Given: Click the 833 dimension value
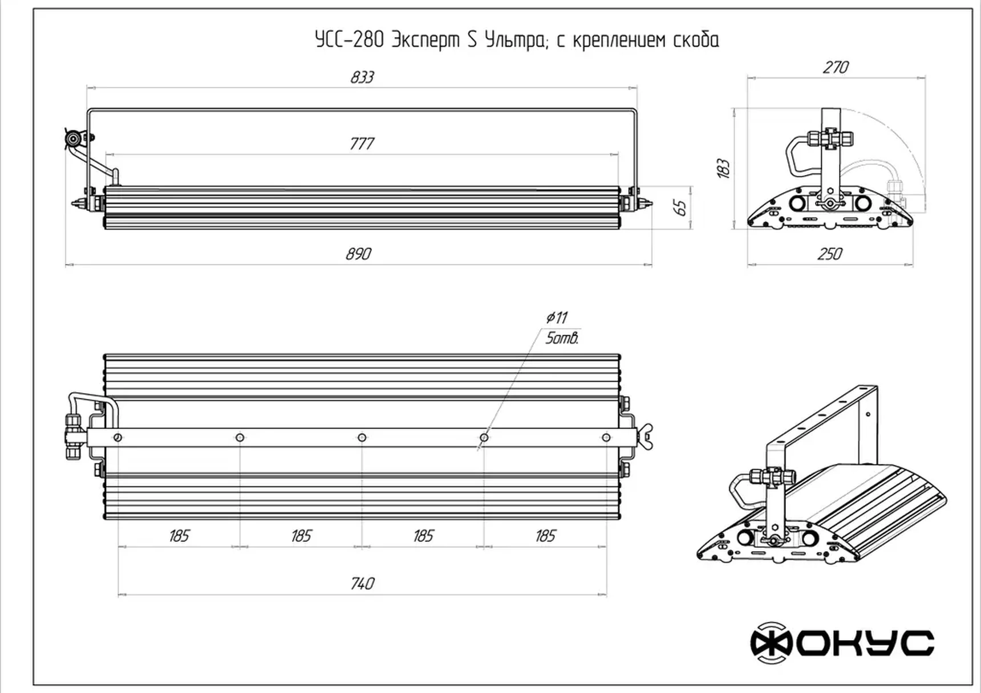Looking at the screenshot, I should pyautogui.click(x=362, y=78).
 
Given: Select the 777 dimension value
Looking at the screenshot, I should pyautogui.click(x=362, y=144).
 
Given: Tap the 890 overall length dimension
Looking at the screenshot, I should pyautogui.click(x=359, y=254).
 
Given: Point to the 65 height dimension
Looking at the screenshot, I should pyautogui.click(x=680, y=207).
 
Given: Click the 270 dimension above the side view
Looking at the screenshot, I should pyautogui.click(x=836, y=68).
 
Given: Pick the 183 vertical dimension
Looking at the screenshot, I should pyautogui.click(x=723, y=169).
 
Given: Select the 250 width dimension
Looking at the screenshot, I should pyautogui.click(x=830, y=254).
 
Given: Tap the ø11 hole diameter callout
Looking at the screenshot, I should pyautogui.click(x=557, y=317).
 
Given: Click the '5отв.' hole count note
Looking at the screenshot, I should pyautogui.click(x=562, y=339).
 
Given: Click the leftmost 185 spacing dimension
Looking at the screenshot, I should pyautogui.click(x=179, y=536).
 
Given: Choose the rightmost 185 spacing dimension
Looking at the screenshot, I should pyautogui.click(x=545, y=536).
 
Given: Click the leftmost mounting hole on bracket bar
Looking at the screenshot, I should pyautogui.click(x=117, y=438).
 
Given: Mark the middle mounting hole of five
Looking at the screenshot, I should pyautogui.click(x=362, y=438).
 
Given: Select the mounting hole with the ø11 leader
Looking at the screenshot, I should pyautogui.click(x=484, y=438).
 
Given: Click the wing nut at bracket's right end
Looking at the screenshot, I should pyautogui.click(x=646, y=437).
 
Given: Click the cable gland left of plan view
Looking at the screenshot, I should pyautogui.click(x=73, y=437).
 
